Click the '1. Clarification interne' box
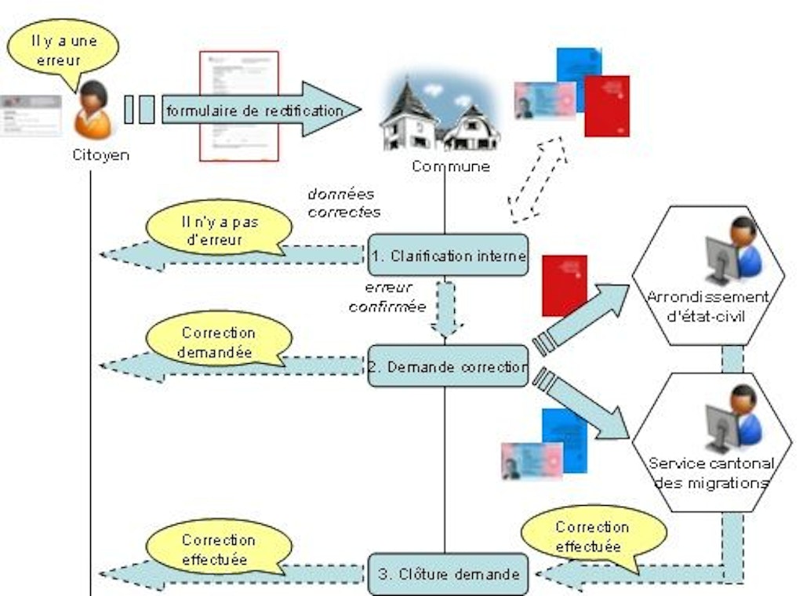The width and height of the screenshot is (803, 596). tap(448, 255)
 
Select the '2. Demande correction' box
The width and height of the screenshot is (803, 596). tap(448, 366)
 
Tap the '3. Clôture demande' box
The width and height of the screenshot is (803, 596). tap(449, 573)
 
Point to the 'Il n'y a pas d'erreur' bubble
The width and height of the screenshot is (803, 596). tap(213, 229)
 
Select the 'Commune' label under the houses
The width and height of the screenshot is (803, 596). tap(450, 165)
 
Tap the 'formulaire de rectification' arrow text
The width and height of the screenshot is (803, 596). tap(253, 111)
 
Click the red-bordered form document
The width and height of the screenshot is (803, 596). tap(238, 105)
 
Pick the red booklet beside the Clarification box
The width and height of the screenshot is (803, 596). tap(564, 285)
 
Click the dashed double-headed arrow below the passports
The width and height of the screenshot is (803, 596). tap(537, 180)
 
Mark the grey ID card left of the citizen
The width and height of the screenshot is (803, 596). tap(30, 115)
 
